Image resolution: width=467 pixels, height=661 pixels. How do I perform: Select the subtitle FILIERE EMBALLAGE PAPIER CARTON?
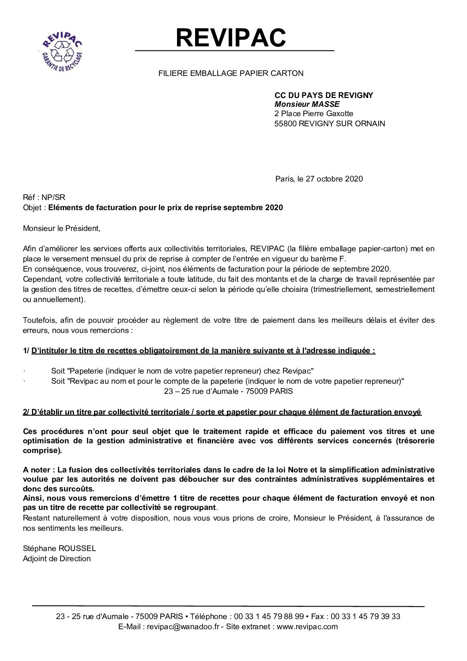[x=231, y=74]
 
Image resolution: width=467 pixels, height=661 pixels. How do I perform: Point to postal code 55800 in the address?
[x=285, y=124]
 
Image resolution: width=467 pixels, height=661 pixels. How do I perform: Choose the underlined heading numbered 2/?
[x=222, y=412]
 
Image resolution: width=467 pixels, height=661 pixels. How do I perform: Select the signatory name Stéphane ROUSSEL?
[x=59, y=548]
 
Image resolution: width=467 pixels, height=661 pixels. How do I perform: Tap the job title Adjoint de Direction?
[x=56, y=559]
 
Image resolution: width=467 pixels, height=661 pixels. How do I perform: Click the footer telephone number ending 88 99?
[x=269, y=616]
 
